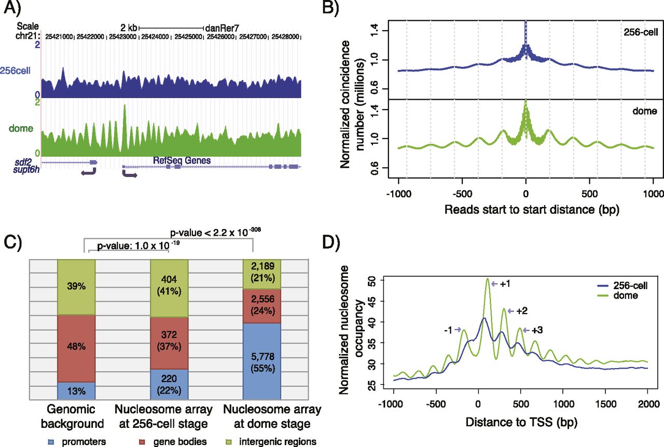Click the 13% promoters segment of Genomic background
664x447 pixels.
point(76,389)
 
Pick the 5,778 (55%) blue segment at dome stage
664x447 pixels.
point(262,359)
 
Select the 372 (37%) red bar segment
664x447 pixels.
point(169,343)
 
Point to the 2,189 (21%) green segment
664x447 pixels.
point(262,274)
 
